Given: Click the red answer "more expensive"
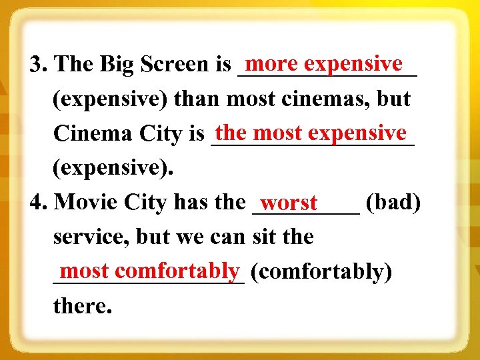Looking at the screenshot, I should click(x=324, y=64).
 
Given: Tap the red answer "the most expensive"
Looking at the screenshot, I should click(x=311, y=133).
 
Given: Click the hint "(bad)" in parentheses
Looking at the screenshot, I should click(x=393, y=201).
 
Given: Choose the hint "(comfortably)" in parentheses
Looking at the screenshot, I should click(x=322, y=272).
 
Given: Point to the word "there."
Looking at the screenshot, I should click(x=81, y=306).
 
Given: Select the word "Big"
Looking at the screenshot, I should click(x=119, y=65).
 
